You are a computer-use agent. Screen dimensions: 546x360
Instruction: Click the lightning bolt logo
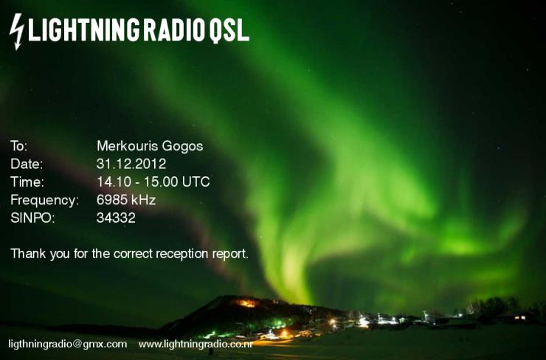click(16, 32)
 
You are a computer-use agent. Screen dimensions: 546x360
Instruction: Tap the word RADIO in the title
click(173, 30)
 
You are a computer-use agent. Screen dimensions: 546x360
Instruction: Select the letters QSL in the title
click(229, 31)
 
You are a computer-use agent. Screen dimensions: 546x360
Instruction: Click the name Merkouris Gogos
click(150, 146)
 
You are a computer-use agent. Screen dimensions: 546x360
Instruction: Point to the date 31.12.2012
click(131, 164)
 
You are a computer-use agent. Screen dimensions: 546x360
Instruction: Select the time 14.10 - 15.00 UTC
click(153, 181)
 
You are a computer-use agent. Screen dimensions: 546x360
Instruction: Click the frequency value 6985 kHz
click(126, 200)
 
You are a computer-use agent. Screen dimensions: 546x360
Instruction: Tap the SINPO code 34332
click(116, 218)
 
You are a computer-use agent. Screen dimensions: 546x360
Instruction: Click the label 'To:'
click(18, 146)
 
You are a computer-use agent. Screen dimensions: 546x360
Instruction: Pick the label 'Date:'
click(27, 164)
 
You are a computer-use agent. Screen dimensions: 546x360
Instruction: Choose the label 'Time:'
click(27, 181)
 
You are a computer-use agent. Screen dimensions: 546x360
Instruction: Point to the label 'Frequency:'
click(44, 201)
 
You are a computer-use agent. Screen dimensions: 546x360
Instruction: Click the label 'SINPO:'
click(32, 218)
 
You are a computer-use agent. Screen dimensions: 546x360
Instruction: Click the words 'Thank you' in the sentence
click(40, 254)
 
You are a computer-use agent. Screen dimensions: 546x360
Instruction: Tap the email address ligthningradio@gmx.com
click(68, 345)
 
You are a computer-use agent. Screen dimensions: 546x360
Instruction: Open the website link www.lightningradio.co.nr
click(196, 345)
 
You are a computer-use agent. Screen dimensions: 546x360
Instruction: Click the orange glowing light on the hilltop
click(246, 303)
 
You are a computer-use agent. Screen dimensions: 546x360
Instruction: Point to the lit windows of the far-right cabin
click(520, 317)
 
